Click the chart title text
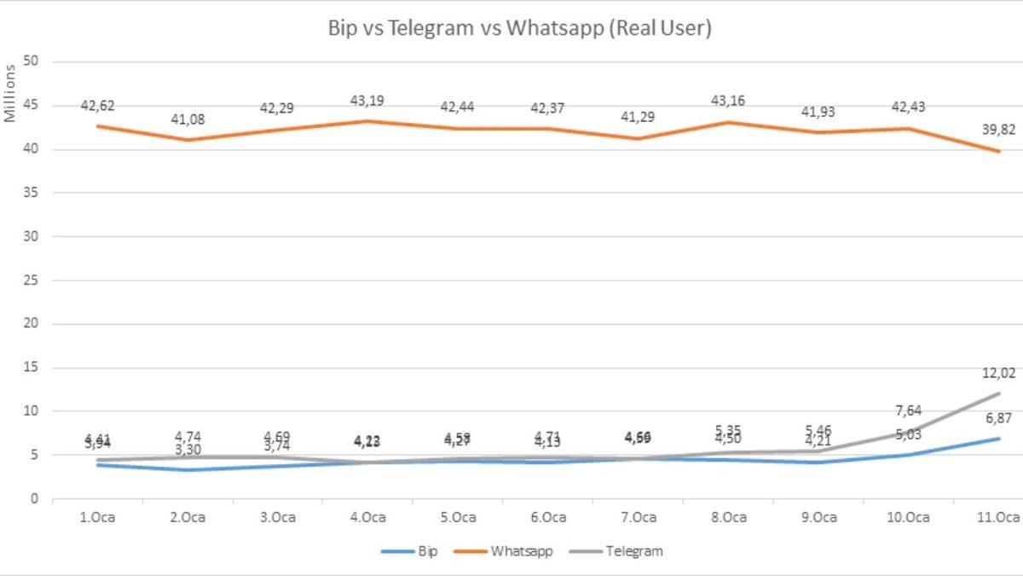point(520,27)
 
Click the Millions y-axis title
point(11,93)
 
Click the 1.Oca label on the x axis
point(96,518)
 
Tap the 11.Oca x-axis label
point(997,518)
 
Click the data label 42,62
point(97,107)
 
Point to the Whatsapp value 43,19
point(367,101)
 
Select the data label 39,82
point(997,129)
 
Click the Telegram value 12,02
point(997,373)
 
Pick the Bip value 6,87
point(997,418)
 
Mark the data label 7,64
point(908,411)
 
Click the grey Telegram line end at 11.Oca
point(997,393)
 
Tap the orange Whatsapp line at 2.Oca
point(188,140)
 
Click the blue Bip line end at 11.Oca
point(997,439)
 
